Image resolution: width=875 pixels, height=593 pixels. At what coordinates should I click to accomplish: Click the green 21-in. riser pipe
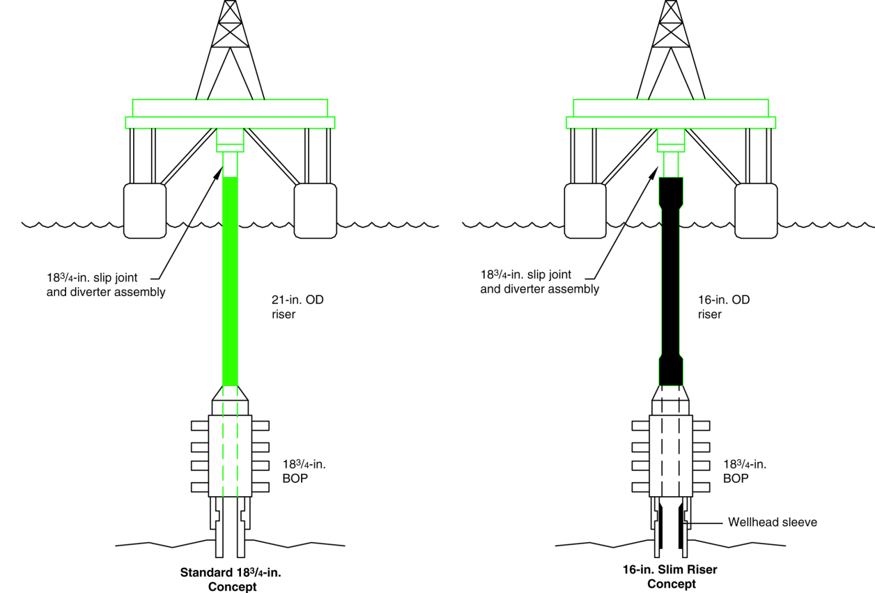point(230,279)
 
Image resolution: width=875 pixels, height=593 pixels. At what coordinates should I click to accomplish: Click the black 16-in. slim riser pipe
point(670,279)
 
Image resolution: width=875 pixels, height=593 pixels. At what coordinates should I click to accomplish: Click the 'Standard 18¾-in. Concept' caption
point(232,579)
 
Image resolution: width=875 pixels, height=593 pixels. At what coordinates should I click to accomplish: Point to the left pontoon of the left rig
point(145,210)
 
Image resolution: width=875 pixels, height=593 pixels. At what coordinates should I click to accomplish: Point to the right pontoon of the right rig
point(756,210)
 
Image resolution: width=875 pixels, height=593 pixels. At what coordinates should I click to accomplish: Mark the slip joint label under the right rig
point(540,282)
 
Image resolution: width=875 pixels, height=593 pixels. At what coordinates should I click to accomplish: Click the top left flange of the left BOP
point(200,425)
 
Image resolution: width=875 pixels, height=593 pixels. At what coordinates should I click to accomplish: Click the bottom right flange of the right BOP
point(701,486)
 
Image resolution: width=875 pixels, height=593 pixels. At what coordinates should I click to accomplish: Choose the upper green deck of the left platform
point(230,107)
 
